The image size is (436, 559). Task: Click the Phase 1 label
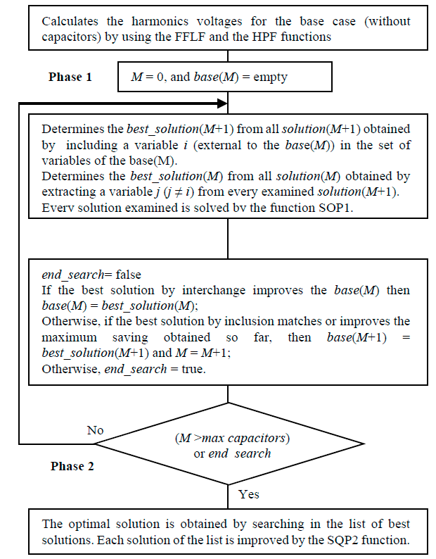pyautogui.click(x=70, y=77)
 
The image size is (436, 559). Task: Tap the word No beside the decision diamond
pyautogui.click(x=95, y=430)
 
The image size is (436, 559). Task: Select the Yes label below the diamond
pyautogui.click(x=248, y=494)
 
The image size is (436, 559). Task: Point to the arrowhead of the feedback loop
pyautogui.click(x=222, y=104)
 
